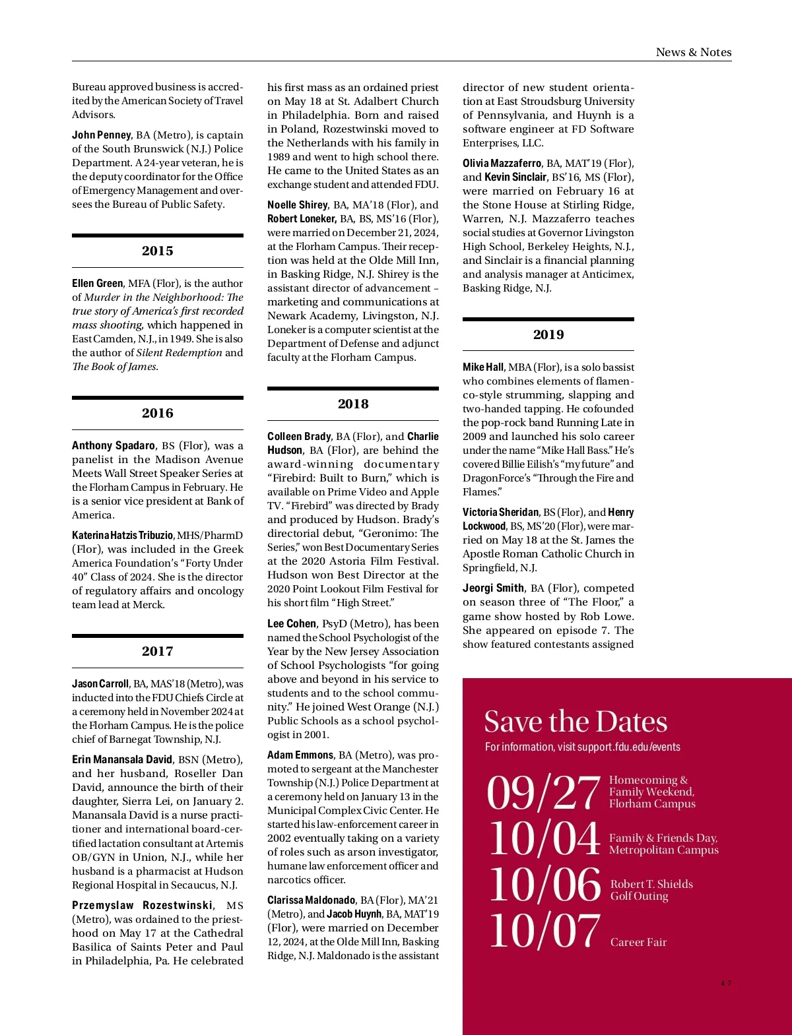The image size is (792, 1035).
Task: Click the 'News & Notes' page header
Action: pos(693,52)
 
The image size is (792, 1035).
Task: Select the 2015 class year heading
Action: pos(157,251)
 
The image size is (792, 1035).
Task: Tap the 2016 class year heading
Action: pos(157,413)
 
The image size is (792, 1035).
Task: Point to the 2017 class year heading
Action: pos(157,651)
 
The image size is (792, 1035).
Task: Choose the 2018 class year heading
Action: pos(353,404)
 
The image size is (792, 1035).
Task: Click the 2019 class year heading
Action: pos(548,334)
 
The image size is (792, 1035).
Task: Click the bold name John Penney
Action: pos(102,135)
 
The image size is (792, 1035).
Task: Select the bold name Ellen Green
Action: pos(98,284)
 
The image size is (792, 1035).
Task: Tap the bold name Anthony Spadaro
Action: pos(114,446)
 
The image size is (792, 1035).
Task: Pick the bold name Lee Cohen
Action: pos(292,623)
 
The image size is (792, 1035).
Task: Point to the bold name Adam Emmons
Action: pos(300,755)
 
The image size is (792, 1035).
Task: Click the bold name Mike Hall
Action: pos(483,367)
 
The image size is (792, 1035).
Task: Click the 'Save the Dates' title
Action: pos(576,722)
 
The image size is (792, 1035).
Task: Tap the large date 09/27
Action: pos(543,793)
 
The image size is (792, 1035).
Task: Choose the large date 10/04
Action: pos(544,839)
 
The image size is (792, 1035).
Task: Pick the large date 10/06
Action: pos(544,884)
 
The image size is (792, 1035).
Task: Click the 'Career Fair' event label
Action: pos(638,942)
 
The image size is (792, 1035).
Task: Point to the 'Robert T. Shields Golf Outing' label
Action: pos(651,890)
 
